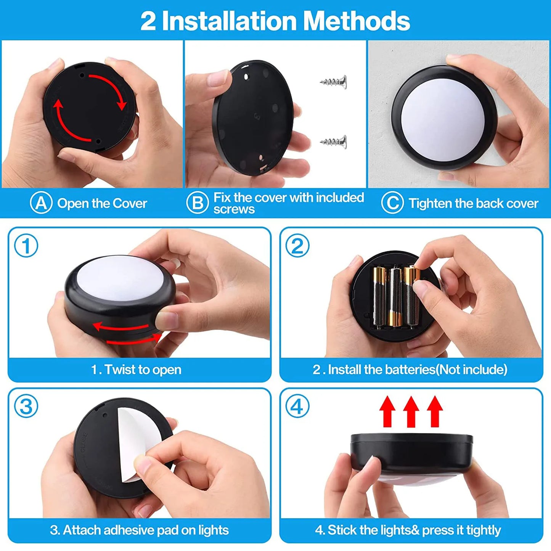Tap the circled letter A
[41, 203]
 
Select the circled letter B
[197, 203]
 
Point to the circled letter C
[392, 203]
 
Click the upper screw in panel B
[334, 82]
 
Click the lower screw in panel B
[334, 142]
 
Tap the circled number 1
[26, 246]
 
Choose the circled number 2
[297, 246]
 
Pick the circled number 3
[26, 406]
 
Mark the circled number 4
[297, 406]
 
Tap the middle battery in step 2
[395, 297]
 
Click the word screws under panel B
[234, 209]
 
